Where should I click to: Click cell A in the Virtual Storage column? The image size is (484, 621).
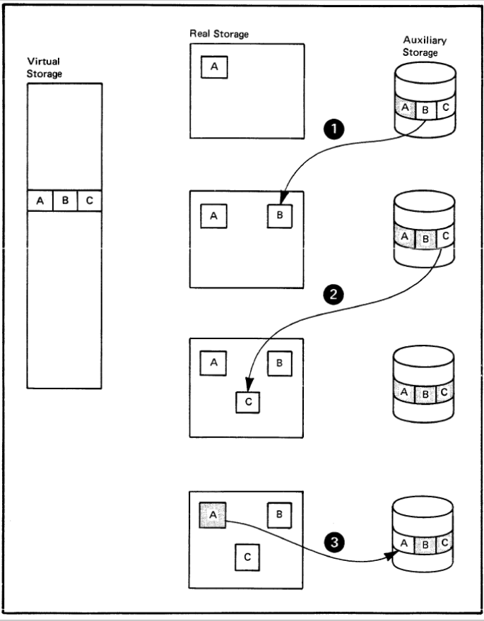(x=40, y=201)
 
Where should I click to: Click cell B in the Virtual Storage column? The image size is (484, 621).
(x=65, y=201)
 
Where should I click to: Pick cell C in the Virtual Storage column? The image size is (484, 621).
(x=88, y=201)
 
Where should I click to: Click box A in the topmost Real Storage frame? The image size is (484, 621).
(x=214, y=67)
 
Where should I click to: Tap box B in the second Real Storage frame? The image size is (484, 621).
(x=280, y=215)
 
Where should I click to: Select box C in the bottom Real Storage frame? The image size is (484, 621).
(x=247, y=557)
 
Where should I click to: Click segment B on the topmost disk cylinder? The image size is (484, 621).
(x=425, y=110)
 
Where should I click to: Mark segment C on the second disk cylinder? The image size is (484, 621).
(x=444, y=237)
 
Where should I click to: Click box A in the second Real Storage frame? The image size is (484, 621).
(x=213, y=215)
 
